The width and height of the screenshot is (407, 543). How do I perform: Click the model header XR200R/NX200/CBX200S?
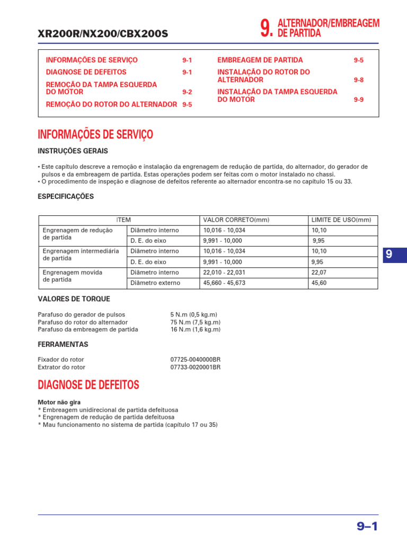(103, 34)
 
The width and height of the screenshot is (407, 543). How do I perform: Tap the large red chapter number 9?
(267, 29)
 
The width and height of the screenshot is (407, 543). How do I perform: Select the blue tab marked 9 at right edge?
(389, 255)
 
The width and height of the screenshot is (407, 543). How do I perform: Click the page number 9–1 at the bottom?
(367, 526)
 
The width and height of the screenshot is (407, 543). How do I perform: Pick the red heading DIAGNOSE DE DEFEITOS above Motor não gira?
(89, 384)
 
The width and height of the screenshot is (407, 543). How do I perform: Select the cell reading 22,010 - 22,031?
(224, 273)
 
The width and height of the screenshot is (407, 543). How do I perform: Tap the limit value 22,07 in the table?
(319, 273)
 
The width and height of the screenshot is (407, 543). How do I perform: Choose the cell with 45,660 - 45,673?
(224, 283)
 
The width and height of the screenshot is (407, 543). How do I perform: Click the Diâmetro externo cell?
(155, 283)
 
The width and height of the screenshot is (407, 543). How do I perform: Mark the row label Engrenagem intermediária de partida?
(81, 255)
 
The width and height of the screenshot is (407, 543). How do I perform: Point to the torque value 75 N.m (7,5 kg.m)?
(196, 322)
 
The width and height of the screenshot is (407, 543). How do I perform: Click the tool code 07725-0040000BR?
(196, 360)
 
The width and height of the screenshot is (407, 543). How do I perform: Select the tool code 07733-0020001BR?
(196, 367)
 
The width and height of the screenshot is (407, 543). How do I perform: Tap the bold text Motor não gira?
(59, 402)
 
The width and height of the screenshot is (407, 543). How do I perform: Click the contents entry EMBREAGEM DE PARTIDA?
(260, 60)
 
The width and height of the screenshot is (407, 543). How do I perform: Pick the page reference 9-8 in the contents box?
(359, 80)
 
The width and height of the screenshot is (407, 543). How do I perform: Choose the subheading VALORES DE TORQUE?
(74, 299)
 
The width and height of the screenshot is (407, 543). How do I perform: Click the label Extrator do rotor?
(61, 367)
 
